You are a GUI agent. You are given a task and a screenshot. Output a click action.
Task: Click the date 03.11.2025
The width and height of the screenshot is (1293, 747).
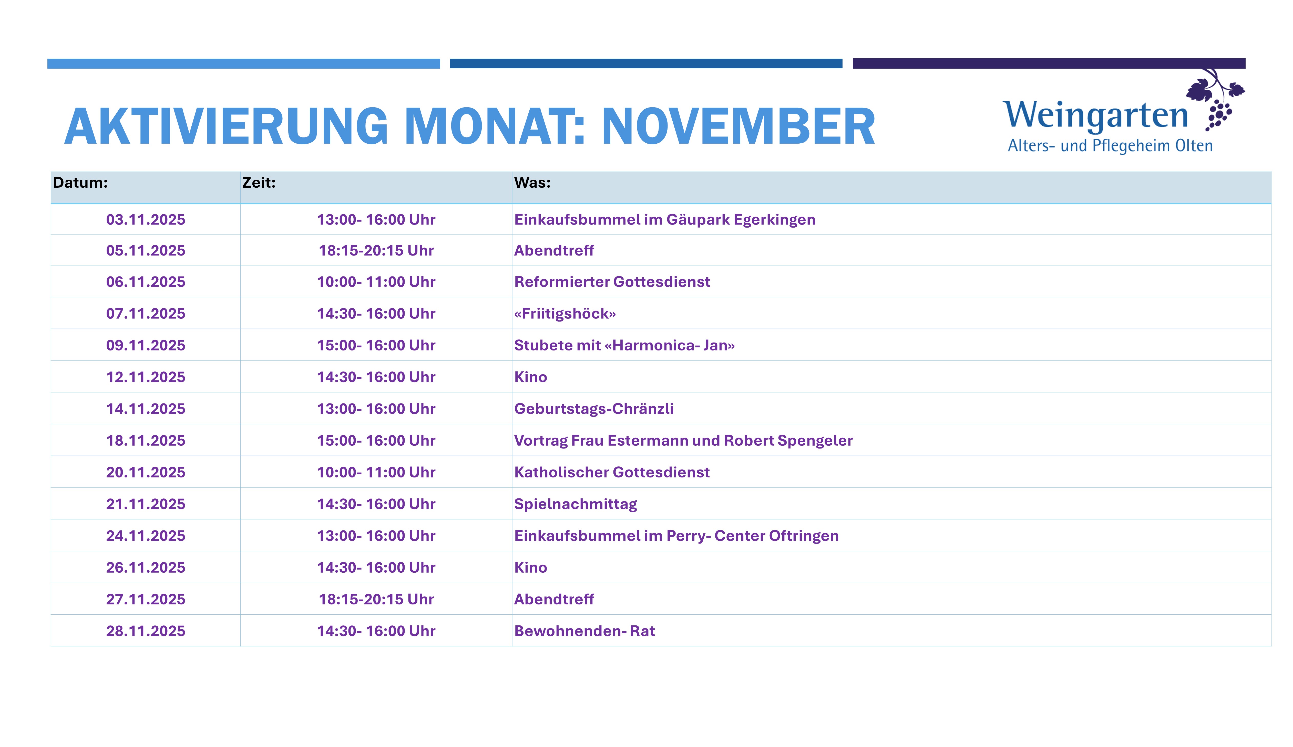[146, 219]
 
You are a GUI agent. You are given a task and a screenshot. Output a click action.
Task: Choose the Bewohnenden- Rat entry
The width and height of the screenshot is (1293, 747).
[584, 631]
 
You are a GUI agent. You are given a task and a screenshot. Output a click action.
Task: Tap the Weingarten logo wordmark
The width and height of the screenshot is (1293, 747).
[1095, 115]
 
